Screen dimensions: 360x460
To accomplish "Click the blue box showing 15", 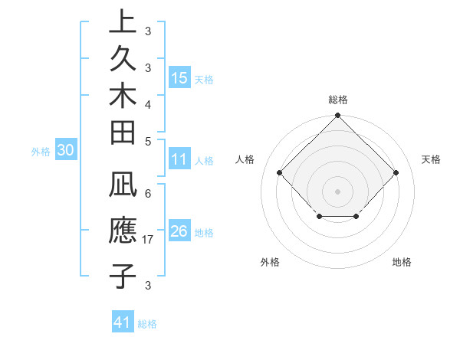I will pyautogui.click(x=179, y=78).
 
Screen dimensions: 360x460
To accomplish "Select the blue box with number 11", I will pyautogui.click(x=179, y=160).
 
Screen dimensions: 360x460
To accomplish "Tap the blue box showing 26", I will pyautogui.click(x=179, y=232).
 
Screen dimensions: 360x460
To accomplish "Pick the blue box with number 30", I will pyautogui.click(x=65, y=151).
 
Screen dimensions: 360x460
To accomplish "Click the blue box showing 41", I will pyautogui.click(x=123, y=322).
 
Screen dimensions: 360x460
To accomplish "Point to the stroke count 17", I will pyautogui.click(x=149, y=241).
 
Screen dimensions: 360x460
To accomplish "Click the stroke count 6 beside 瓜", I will pyautogui.click(x=147, y=194).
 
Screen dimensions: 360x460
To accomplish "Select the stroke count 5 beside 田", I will pyautogui.click(x=147, y=140).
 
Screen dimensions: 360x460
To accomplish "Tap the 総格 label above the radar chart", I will pyautogui.click(x=337, y=100).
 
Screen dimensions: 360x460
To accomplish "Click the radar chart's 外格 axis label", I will pyautogui.click(x=270, y=263).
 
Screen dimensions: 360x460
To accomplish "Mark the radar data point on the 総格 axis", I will pyautogui.click(x=337, y=117).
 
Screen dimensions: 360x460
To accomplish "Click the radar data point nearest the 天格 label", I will pyautogui.click(x=396, y=172).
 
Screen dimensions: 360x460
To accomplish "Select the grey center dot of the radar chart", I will pyautogui.click(x=337, y=191).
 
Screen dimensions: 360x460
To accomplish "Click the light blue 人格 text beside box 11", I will pyautogui.click(x=204, y=161).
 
